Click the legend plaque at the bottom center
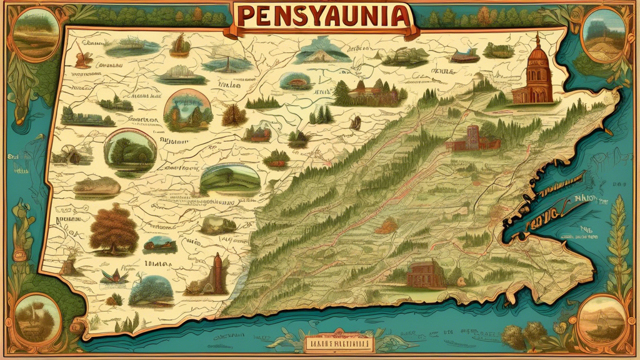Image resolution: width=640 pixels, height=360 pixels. [x=337, y=342]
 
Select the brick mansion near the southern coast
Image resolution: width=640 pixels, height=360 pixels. [x=427, y=275]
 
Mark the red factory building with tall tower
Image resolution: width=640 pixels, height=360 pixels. [x=471, y=138]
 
